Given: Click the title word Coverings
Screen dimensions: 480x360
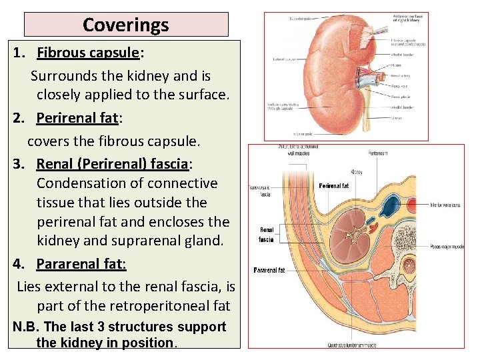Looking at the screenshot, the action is coord(126,25).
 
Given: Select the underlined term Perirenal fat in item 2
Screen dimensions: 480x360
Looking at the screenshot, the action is coord(77,118).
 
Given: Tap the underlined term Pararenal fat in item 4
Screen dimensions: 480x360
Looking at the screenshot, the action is coord(81,264).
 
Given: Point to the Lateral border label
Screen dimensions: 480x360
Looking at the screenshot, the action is coord(285,59).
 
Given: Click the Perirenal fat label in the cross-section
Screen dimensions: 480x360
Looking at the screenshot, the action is coord(334,186).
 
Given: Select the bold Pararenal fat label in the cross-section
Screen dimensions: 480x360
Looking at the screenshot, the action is coord(270,270).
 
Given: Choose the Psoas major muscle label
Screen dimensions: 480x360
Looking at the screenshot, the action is coord(447,247).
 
